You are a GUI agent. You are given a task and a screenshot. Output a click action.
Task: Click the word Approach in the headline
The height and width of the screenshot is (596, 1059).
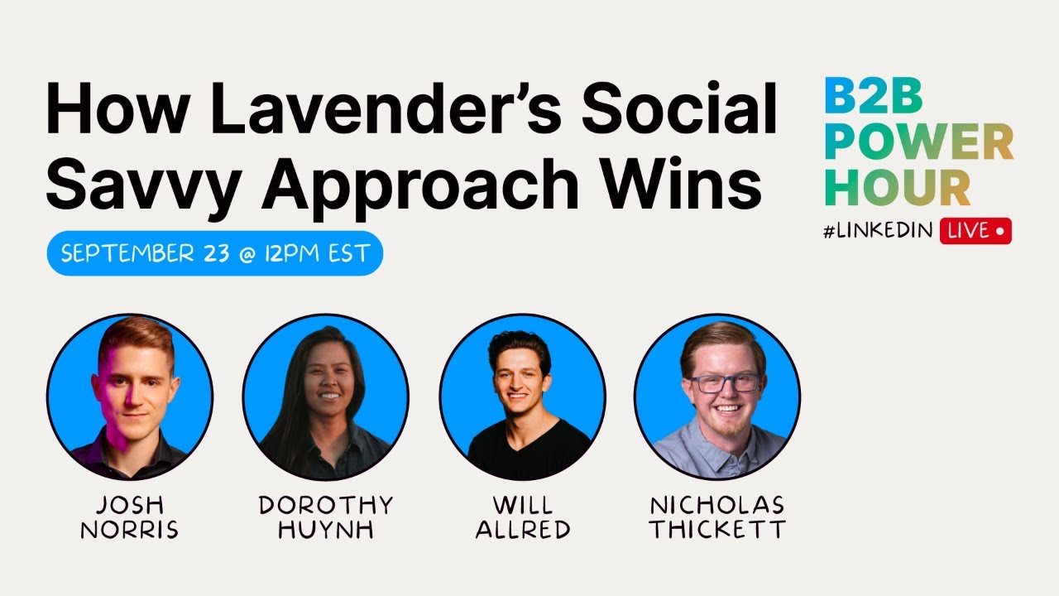tap(419, 184)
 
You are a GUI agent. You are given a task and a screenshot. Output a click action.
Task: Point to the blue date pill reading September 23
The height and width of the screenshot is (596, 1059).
tap(214, 253)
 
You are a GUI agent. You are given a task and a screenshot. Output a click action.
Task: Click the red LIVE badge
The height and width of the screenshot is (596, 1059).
tap(975, 232)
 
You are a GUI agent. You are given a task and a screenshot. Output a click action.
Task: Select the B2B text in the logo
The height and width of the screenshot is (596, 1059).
tap(873, 98)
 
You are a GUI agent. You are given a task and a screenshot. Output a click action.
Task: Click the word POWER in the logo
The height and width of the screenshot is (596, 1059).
tap(918, 143)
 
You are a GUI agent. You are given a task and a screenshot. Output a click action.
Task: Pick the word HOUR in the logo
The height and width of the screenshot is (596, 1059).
tap(898, 188)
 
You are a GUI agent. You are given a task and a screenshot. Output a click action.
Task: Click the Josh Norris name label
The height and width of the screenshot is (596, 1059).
tap(129, 517)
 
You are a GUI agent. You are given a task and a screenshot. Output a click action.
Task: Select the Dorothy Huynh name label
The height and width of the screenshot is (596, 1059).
tap(325, 517)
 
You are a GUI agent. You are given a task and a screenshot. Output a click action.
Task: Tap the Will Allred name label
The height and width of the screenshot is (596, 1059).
tap(522, 517)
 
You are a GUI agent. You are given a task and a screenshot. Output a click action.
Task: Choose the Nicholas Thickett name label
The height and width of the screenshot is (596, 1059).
tap(717, 517)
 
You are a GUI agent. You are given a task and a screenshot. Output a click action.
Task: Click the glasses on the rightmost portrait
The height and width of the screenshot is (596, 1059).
tap(724, 383)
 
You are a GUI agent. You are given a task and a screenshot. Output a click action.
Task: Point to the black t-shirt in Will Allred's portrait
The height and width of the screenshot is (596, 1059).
tap(529, 451)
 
